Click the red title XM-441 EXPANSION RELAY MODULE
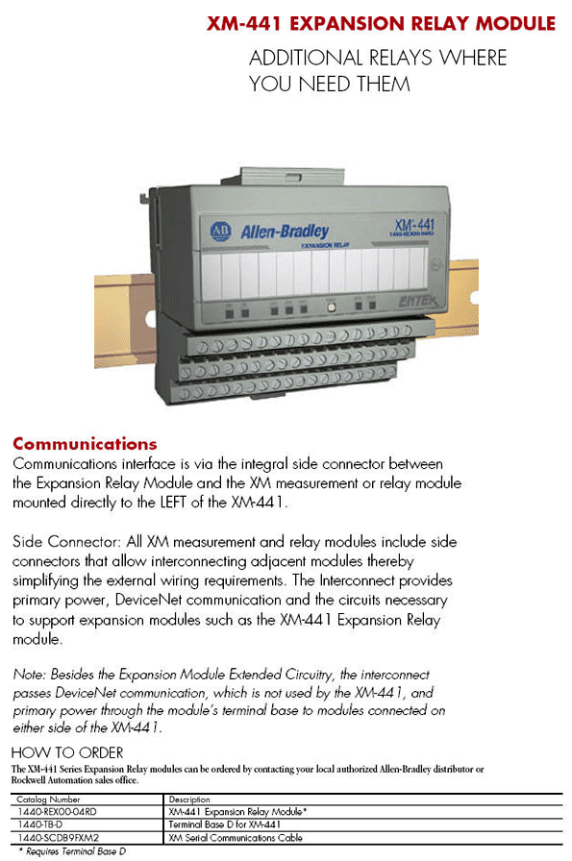click(381, 23)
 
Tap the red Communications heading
click(85, 444)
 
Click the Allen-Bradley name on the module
click(285, 232)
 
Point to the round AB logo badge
click(220, 231)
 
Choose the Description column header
click(189, 799)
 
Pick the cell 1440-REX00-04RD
click(58, 812)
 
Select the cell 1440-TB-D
click(40, 824)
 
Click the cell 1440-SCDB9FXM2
click(59, 837)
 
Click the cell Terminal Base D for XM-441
click(224, 824)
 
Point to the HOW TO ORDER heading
click(67, 752)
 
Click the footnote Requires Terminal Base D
click(77, 850)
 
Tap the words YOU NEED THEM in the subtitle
click(330, 84)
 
